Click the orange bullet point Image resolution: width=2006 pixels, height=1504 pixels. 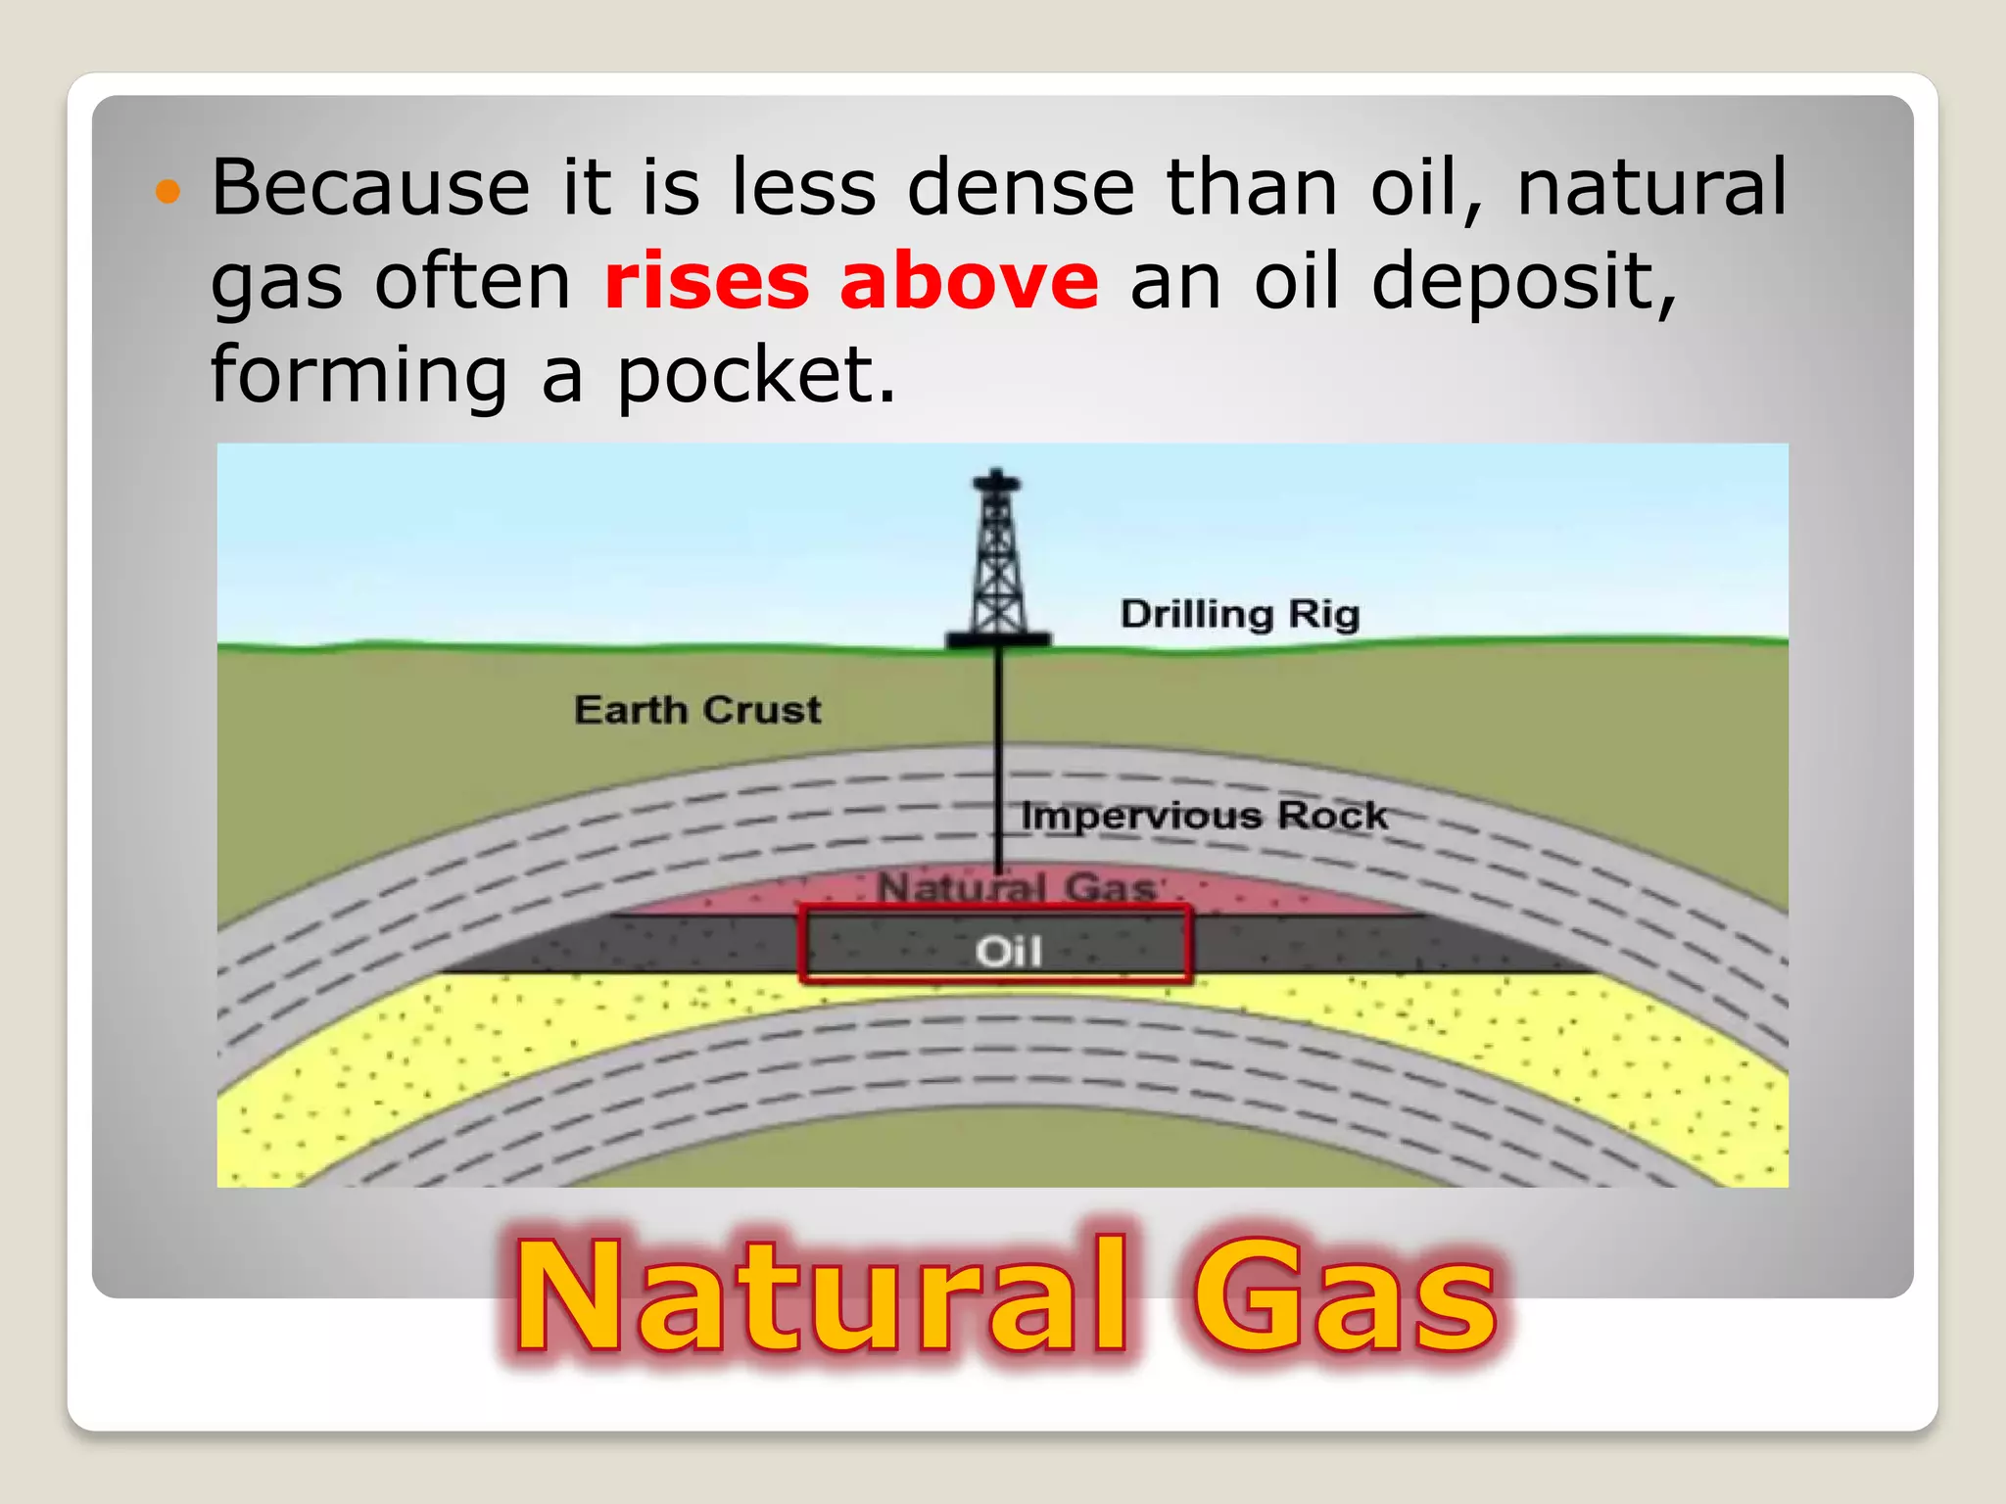pyautogui.click(x=168, y=191)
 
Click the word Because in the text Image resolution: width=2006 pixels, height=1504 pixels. pyautogui.click(x=370, y=187)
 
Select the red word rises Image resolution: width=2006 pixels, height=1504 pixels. pyautogui.click(x=706, y=282)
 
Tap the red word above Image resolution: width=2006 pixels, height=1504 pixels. pyautogui.click(x=969, y=282)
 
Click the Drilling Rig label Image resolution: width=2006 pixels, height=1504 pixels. pyautogui.click(x=1240, y=615)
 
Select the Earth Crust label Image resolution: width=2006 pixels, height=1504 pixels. pyautogui.click(x=697, y=710)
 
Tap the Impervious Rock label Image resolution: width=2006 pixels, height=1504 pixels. pyautogui.click(x=1204, y=816)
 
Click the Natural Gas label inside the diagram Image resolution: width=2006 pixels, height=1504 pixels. pyautogui.click(x=1016, y=888)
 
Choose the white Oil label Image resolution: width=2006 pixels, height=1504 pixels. pyautogui.click(x=1008, y=951)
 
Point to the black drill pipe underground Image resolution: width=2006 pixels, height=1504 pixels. pyautogui.click(x=999, y=754)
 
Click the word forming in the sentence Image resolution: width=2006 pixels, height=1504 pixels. pyautogui.click(x=359, y=377)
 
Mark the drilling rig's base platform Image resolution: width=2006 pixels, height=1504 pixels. pyautogui.click(x=997, y=640)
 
